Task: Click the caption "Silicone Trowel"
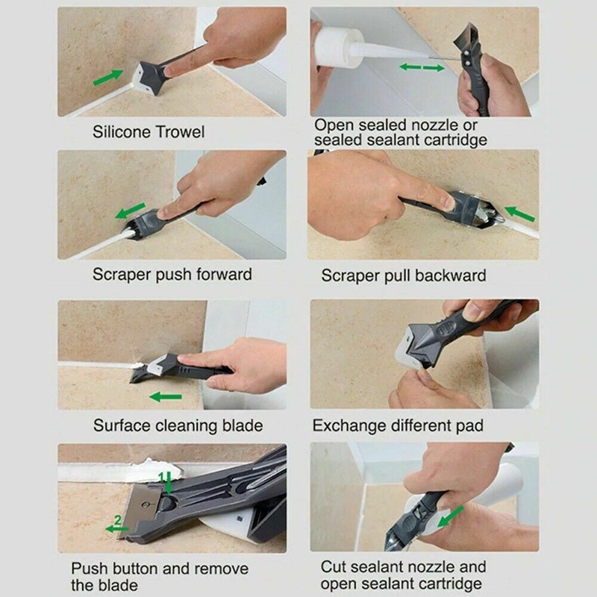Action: tap(148, 132)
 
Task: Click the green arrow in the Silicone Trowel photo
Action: tap(108, 76)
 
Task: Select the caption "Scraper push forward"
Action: tap(172, 274)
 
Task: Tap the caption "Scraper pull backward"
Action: tap(403, 275)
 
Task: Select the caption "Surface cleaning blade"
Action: tap(178, 425)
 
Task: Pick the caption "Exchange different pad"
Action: tap(398, 425)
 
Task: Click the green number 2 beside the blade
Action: tap(117, 519)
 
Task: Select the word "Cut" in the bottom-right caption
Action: tap(334, 567)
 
